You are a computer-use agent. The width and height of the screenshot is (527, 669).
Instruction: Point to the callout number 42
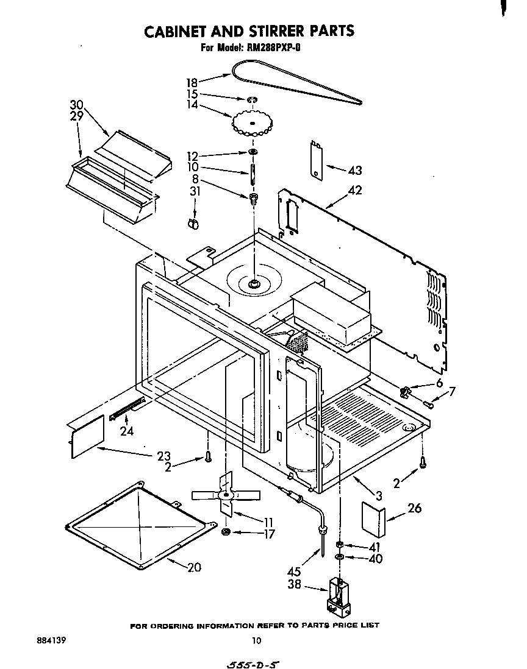354,191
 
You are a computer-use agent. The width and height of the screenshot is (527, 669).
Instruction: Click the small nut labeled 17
226,533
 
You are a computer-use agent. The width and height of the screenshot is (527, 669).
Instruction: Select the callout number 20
194,567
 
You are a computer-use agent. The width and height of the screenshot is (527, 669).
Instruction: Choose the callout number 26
414,508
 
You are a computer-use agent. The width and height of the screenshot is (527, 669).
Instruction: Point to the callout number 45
294,572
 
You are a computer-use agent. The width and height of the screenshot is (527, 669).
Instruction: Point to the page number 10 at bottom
256,640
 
